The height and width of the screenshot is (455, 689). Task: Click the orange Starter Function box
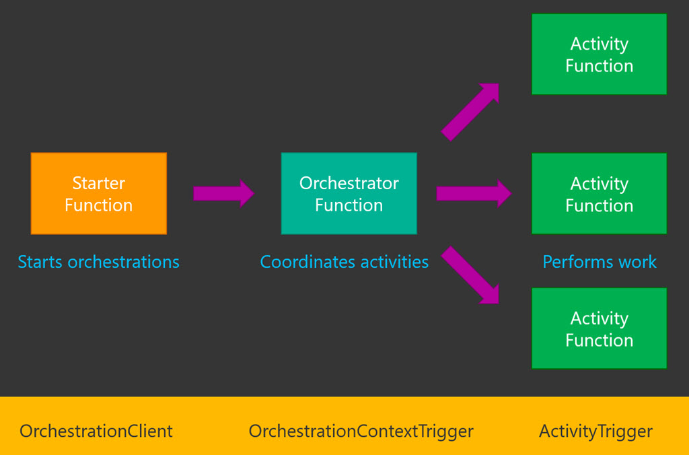tap(98, 193)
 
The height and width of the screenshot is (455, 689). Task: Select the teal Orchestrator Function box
tap(349, 193)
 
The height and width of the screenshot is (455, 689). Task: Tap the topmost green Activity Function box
tap(599, 54)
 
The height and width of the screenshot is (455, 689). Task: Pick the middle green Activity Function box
tap(599, 193)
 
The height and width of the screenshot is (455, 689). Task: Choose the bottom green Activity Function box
tap(599, 328)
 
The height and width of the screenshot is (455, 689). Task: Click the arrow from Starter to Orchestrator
tap(223, 193)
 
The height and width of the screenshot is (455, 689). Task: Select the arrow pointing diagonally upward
tap(470, 111)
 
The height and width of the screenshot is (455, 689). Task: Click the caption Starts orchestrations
tap(98, 262)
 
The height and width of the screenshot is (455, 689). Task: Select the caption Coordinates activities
tap(344, 262)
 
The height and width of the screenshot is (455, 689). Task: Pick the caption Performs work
tap(599, 262)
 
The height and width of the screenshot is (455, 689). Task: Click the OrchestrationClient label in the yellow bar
tap(96, 431)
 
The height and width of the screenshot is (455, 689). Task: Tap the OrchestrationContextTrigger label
tap(361, 431)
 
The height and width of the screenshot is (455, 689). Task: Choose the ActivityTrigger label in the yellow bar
tap(595, 431)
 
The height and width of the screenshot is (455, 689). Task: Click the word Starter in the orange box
tap(98, 183)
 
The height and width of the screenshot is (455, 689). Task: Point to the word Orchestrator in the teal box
tap(349, 183)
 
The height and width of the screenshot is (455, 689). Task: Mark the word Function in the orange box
tap(98, 205)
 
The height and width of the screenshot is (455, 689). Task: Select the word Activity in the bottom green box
tap(599, 318)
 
